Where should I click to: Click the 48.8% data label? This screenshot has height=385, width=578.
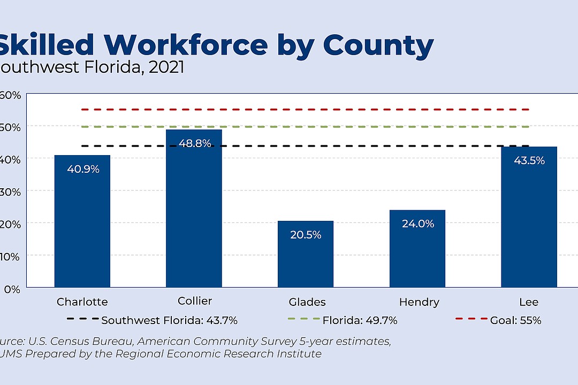pos(194,143)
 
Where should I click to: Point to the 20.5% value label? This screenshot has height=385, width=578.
pos(306,235)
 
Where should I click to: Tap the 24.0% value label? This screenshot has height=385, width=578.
pos(417,224)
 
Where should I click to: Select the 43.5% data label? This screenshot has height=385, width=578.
pos(529,160)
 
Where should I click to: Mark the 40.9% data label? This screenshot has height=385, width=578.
pos(83,169)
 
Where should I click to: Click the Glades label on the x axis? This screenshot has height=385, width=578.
pos(307,302)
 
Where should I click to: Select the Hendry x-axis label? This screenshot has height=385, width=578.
pos(419,302)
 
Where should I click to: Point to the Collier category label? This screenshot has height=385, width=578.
pos(195,301)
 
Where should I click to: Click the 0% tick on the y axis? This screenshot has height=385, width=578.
pos(12,289)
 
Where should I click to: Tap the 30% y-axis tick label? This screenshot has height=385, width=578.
pos(11,191)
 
